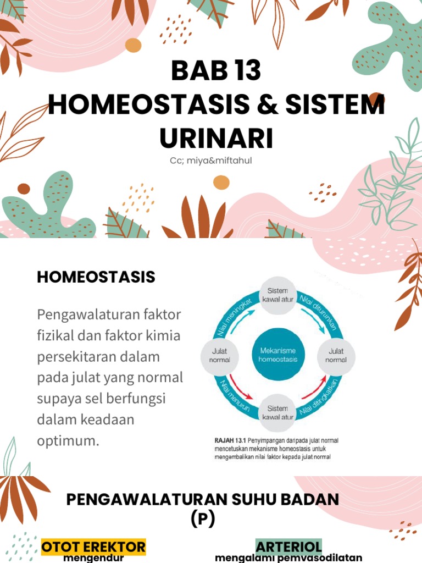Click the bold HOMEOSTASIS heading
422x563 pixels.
tap(96, 277)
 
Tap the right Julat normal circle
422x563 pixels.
tap(336, 355)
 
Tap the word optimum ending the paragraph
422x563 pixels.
tap(68, 440)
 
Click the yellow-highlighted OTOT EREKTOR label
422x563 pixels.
tap(93, 547)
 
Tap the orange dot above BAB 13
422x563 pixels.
tap(133, 45)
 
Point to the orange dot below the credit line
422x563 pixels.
tap(221, 182)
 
